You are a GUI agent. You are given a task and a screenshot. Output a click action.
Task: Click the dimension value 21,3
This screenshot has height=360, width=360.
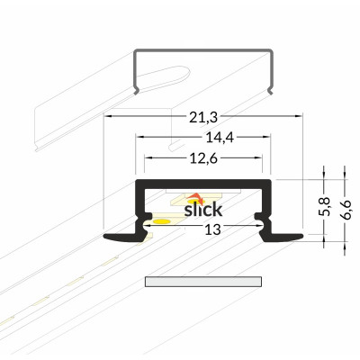pos(202,118)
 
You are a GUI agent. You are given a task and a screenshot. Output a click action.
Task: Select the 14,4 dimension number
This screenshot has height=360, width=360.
pos(220,138)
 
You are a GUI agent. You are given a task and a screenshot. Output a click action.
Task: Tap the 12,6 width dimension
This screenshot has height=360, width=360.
pos(203,158)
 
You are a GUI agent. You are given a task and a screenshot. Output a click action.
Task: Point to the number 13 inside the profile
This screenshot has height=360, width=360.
pos(212,229)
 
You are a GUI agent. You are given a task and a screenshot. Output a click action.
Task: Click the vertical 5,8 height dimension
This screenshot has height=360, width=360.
pos(324,206)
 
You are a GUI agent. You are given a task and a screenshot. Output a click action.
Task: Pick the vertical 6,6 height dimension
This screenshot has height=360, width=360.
pos(345,210)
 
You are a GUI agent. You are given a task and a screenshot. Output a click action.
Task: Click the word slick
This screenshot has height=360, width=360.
pos(203,210)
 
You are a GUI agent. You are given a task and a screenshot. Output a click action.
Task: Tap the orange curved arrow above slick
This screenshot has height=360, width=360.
pos(195,197)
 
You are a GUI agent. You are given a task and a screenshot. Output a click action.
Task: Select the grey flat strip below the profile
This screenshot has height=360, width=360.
pos(203,282)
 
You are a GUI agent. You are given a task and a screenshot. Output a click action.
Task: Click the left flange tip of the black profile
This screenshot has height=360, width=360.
pos(104,237)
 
